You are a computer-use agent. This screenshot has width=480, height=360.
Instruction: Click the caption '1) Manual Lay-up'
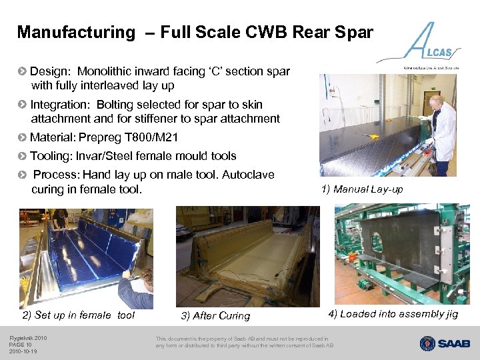pos(362,189)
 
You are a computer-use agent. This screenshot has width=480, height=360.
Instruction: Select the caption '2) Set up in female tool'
pos(79,315)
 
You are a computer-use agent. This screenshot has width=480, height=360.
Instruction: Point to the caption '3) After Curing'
pos(215,316)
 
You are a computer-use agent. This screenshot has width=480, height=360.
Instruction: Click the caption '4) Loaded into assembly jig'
pos(393,314)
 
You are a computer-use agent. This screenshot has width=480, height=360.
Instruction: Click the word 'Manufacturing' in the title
pos(75,32)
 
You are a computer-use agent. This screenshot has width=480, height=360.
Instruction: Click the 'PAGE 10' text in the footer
pos(21,345)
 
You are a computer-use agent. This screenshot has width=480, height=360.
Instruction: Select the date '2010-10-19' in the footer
pos(23,351)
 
